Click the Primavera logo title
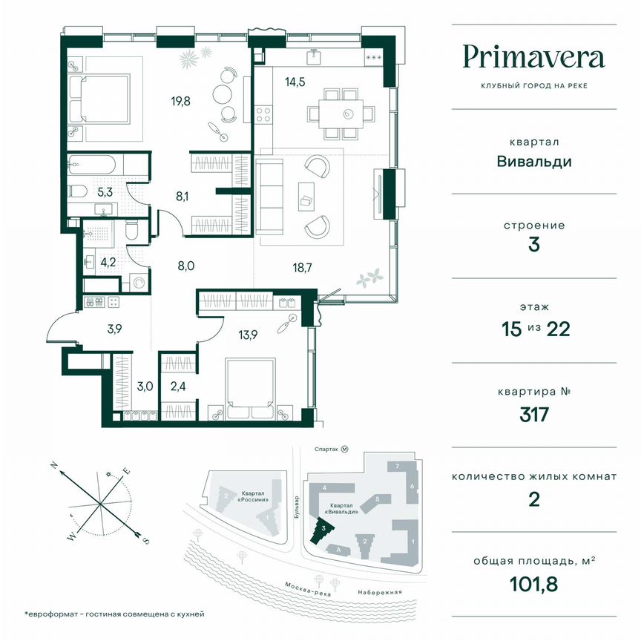tap(534, 56)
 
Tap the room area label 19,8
tap(180, 102)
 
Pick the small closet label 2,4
tap(179, 385)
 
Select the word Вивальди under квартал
tap(534, 161)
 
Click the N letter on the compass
tap(53, 464)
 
